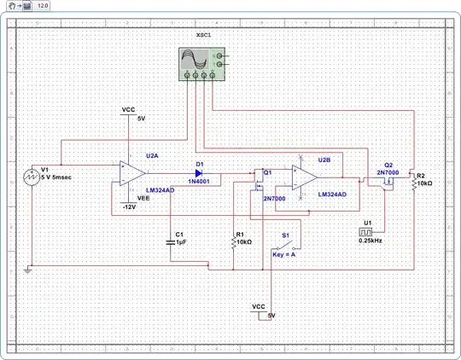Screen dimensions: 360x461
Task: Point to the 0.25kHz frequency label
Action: coord(371,241)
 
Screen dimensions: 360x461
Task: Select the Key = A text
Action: coord(284,254)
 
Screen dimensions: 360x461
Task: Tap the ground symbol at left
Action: coord(30,270)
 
